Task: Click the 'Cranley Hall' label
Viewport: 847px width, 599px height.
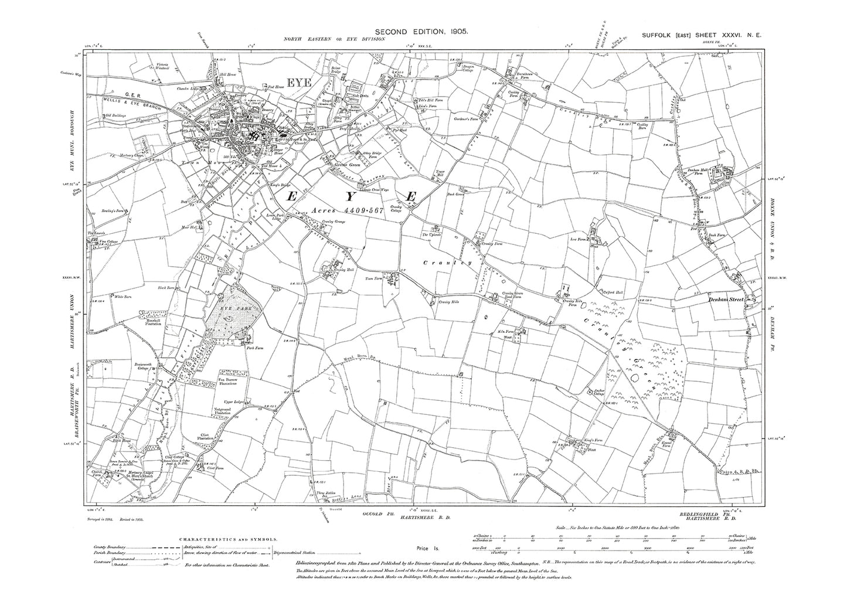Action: tap(331, 271)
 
